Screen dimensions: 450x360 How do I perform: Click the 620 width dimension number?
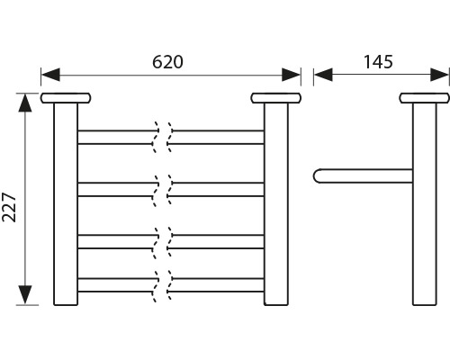pyautogui.click(x=167, y=62)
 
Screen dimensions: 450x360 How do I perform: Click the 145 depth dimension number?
pyautogui.click(x=378, y=62)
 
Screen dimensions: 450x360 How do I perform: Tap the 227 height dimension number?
pyautogui.click(x=9, y=208)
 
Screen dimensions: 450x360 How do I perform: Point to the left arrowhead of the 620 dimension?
pyautogui.click(x=50, y=75)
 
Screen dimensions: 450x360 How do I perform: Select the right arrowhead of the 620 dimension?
pyautogui.click(x=291, y=75)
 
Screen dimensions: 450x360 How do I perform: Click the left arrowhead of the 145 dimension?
pyautogui.click(x=323, y=75)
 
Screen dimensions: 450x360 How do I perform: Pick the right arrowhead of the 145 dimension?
pyautogui.click(x=439, y=75)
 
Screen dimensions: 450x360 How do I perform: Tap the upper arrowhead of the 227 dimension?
pyautogui.click(x=25, y=103)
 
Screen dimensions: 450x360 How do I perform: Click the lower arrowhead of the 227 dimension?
pyautogui.click(x=25, y=295)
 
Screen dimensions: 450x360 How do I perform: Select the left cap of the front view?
pyautogui.click(x=66, y=98)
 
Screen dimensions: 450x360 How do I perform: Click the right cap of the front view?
pyautogui.click(x=276, y=98)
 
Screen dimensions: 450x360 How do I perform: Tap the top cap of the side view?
pyautogui.click(x=425, y=98)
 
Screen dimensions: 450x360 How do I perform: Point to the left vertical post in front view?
pyautogui.click(x=66, y=204)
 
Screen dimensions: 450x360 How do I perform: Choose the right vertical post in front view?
pyautogui.click(x=276, y=204)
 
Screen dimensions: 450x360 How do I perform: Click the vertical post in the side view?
pyautogui.click(x=425, y=204)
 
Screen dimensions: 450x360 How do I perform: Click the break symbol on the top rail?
pyautogui.click(x=163, y=138)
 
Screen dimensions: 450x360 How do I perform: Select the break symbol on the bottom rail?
pyautogui.click(x=163, y=286)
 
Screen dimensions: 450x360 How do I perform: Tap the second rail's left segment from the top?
pyautogui.click(x=117, y=189)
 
